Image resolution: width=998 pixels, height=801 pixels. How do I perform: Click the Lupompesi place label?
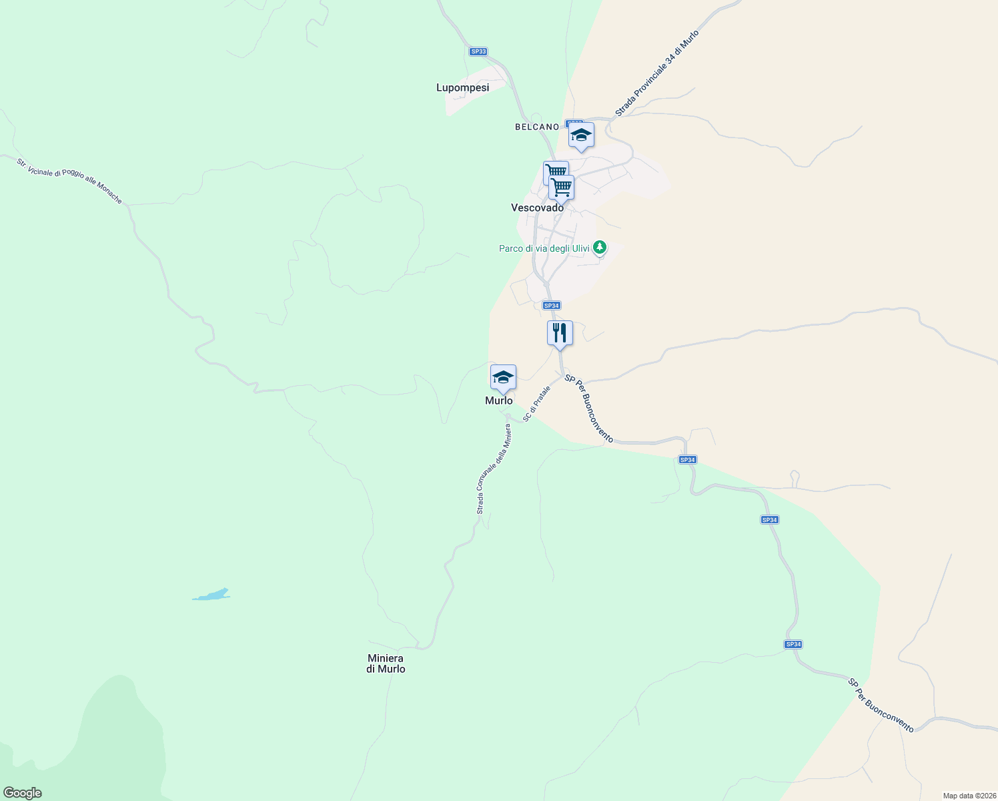tap(462, 87)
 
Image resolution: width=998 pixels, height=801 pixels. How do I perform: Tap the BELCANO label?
tap(536, 127)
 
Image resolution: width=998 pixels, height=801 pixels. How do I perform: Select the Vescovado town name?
tap(537, 208)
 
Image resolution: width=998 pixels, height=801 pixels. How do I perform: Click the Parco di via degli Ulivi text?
tap(544, 248)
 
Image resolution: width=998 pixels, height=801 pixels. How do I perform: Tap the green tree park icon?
tap(600, 248)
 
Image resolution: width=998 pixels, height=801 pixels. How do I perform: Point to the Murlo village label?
tap(499, 400)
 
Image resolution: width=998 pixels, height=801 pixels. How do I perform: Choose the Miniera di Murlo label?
tap(386, 663)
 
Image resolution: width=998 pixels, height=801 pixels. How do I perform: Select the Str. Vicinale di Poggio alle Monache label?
tap(69, 180)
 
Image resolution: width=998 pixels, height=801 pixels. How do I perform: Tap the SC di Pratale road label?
tap(536, 403)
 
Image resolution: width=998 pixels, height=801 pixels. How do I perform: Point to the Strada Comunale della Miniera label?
tap(494, 469)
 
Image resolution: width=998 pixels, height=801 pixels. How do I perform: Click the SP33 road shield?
tap(478, 51)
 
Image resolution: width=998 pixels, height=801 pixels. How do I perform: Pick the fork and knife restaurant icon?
tap(560, 332)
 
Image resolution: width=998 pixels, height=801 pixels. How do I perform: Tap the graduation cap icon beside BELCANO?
tap(581, 135)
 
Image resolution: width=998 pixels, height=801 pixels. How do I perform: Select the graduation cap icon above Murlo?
tap(503, 377)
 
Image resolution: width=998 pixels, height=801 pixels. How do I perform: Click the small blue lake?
tap(212, 594)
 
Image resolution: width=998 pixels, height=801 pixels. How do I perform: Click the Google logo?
tap(22, 793)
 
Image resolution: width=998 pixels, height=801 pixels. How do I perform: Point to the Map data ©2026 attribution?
tap(968, 796)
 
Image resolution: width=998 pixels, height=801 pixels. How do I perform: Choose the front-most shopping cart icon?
tap(562, 188)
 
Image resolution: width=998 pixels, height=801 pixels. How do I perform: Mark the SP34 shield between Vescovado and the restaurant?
tap(551, 306)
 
